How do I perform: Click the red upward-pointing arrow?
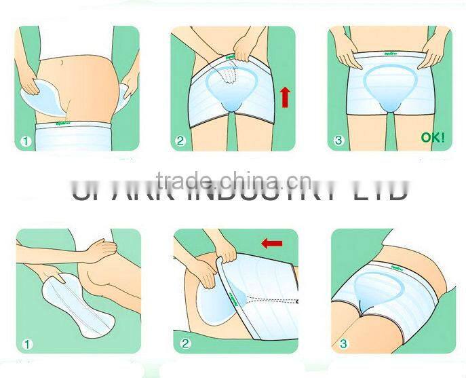pos(284,98)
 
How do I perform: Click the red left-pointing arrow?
pos(271,243)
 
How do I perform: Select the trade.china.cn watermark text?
pos(233,181)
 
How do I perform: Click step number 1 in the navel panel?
pos(25,142)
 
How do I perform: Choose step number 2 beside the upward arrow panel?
pos(180,142)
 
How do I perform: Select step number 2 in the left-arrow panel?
pos(185,344)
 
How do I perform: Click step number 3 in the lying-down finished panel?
pos(343,344)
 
